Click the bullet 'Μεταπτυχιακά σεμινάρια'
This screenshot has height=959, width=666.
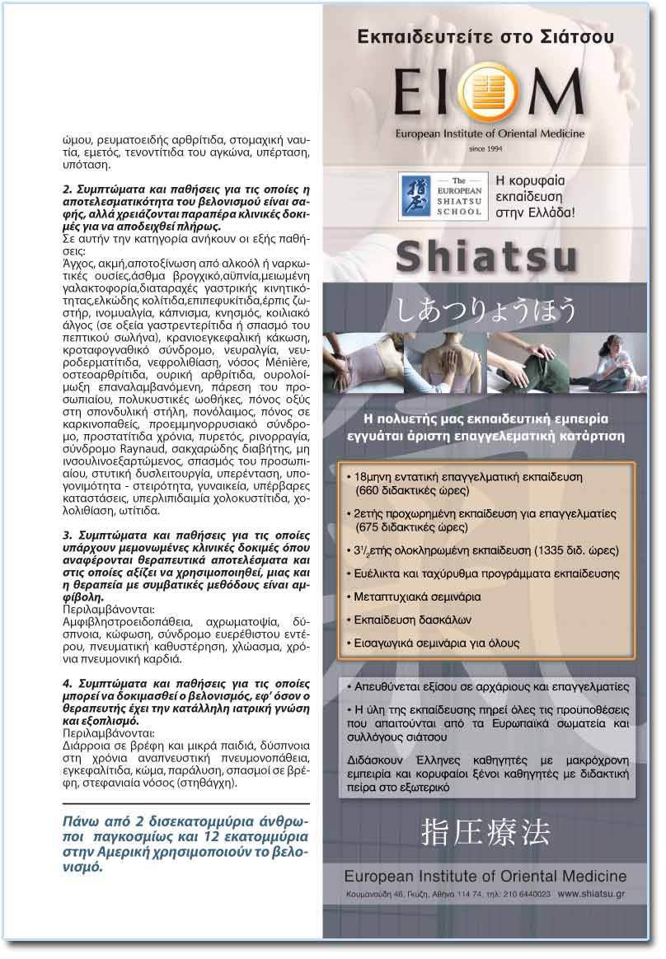(418, 596)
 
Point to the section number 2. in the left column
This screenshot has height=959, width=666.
(68, 189)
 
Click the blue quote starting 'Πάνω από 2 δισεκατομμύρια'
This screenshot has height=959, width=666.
(186, 844)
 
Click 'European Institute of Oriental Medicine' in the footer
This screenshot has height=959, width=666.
(485, 876)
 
